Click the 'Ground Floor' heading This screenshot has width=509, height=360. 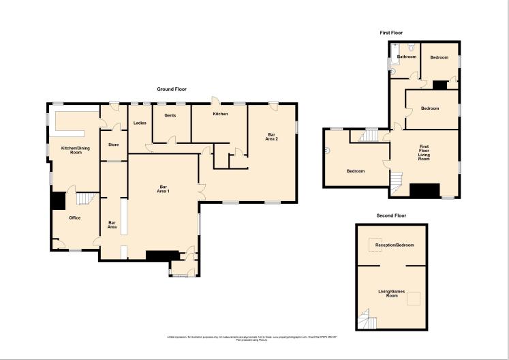[x=172, y=89]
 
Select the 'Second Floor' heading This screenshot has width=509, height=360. [x=391, y=215]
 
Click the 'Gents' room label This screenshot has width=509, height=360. [x=170, y=115]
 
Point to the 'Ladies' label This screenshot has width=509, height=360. [x=140, y=123]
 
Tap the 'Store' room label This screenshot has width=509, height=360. [x=113, y=144]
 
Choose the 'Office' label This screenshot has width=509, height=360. [x=75, y=217]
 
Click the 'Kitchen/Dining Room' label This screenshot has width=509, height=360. [x=75, y=151]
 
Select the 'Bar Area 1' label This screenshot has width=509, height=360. [x=164, y=190]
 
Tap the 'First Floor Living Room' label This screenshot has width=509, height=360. [x=424, y=152]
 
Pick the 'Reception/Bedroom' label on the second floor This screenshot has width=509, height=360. [x=395, y=245]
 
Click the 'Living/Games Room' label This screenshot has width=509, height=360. [x=392, y=294]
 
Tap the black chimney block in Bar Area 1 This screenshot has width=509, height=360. [x=160, y=255]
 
